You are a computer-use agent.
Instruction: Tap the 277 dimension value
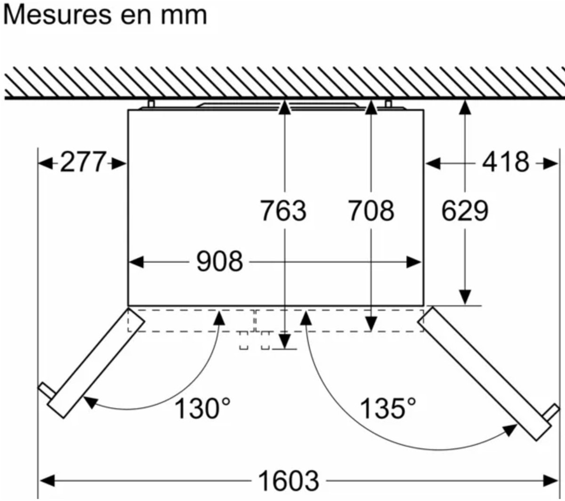click(83, 162)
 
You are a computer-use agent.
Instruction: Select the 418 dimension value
click(506, 162)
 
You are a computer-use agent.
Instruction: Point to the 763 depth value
click(283, 211)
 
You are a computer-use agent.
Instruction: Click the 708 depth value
click(371, 211)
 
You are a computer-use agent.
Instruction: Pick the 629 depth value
click(465, 211)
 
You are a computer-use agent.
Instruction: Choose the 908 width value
click(219, 261)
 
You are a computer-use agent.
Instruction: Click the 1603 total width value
click(289, 481)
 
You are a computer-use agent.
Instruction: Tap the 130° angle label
click(203, 409)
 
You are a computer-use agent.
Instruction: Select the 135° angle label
click(388, 409)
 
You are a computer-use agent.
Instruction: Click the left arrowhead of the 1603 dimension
click(47, 481)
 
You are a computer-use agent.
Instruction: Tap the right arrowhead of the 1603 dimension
click(550, 481)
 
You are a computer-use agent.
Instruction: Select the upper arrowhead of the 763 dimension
click(284, 107)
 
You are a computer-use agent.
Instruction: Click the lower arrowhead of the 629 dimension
click(465, 297)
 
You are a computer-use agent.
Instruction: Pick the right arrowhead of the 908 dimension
click(414, 262)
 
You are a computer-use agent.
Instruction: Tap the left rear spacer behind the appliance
click(151, 104)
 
